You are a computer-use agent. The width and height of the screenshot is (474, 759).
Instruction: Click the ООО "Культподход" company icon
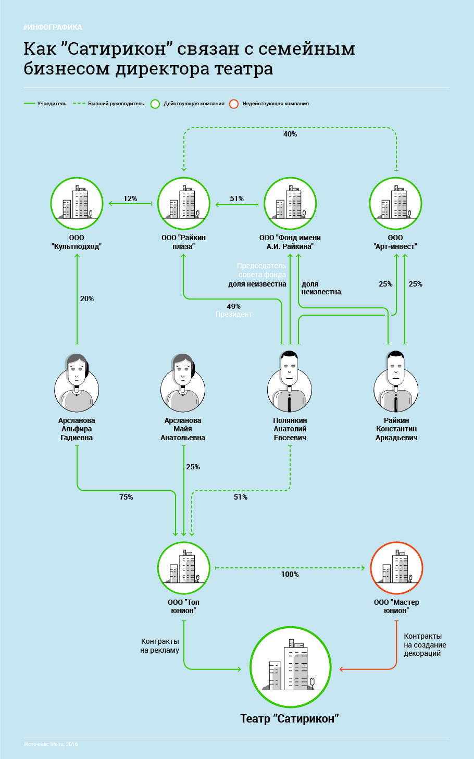pyautogui.click(x=77, y=204)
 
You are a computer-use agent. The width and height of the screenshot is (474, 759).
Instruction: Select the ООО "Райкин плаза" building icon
pyautogui.click(x=183, y=204)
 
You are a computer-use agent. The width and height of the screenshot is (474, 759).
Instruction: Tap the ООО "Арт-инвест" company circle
pyautogui.click(x=396, y=204)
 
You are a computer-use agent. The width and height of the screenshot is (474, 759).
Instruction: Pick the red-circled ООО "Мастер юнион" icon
pyautogui.click(x=396, y=568)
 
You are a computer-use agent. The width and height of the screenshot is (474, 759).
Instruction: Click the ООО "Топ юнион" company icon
pyautogui.click(x=183, y=568)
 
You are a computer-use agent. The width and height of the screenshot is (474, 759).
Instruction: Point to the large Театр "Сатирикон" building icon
pyautogui.click(x=290, y=667)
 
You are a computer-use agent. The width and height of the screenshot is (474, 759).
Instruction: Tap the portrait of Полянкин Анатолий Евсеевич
pyautogui.click(x=290, y=381)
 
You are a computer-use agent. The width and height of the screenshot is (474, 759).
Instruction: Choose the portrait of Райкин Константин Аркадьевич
pyautogui.click(x=396, y=381)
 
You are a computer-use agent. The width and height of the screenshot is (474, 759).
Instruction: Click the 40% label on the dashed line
pyautogui.click(x=290, y=134)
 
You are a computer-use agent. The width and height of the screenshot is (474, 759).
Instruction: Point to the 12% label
pyautogui.click(x=130, y=198)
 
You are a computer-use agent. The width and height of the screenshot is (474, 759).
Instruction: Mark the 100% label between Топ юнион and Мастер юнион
pyautogui.click(x=290, y=574)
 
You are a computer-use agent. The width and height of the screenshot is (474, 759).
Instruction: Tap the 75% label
pyautogui.click(x=126, y=497)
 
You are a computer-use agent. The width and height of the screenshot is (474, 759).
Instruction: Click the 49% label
pyautogui.click(x=234, y=306)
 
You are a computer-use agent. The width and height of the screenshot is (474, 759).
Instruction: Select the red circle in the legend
pyautogui.click(x=234, y=104)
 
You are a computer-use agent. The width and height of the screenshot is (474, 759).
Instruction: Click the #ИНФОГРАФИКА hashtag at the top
pyautogui.click(x=53, y=27)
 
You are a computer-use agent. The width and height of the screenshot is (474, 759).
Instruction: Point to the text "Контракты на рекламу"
pyautogui.click(x=160, y=646)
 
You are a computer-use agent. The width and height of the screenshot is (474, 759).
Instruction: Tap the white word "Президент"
pyautogui.click(x=234, y=315)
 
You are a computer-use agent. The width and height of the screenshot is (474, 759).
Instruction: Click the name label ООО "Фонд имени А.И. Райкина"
pyautogui.click(x=290, y=242)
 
